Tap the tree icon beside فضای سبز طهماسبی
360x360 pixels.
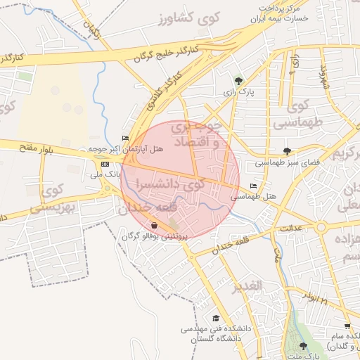pos(287,150)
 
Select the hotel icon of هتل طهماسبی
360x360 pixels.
pos(252,186)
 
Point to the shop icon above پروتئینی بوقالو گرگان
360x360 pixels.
pos(154,226)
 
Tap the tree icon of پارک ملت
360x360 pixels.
pos(303,346)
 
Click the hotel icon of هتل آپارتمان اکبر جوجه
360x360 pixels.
pos(125,139)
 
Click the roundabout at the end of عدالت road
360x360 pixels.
pos(321,227)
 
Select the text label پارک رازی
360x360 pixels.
pos(238,92)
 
